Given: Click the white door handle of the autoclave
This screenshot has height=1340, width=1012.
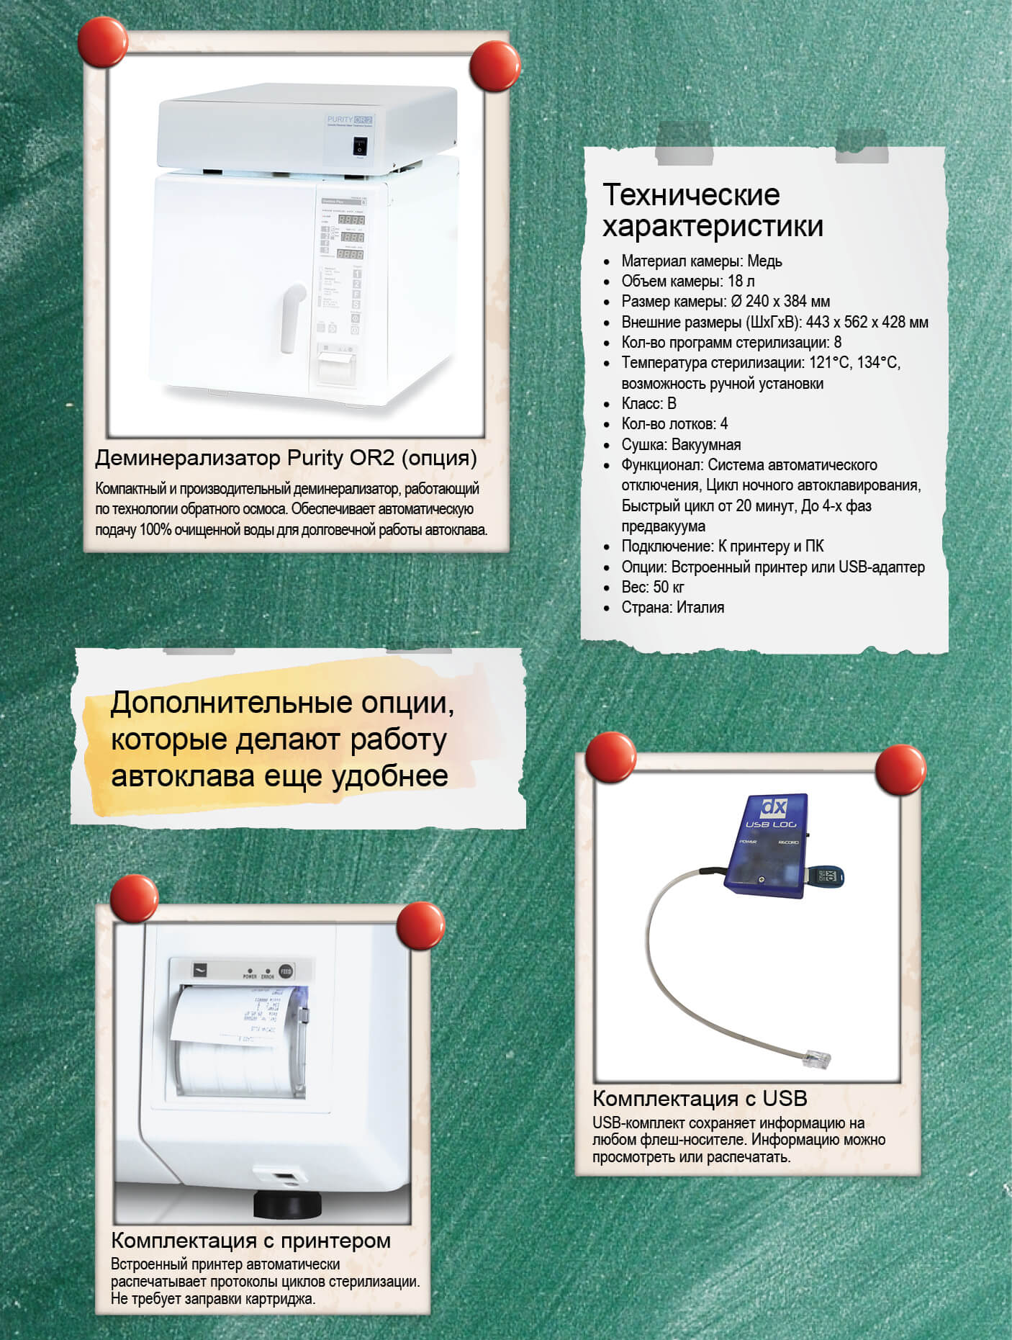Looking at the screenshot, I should pyautogui.click(x=292, y=317).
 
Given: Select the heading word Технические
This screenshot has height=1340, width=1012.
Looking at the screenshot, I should pyautogui.click(x=690, y=194).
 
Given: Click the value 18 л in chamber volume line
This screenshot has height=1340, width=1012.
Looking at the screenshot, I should pyautogui.click(x=741, y=282).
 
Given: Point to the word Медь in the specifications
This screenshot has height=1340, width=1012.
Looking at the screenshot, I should pyautogui.click(x=764, y=261).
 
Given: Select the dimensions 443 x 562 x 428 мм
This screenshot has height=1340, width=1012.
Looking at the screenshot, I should pyautogui.click(x=867, y=323).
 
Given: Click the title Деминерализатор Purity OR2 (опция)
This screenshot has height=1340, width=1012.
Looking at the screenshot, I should pyautogui.click(x=286, y=458).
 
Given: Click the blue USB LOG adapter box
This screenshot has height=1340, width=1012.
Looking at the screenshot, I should pyautogui.click(x=767, y=846).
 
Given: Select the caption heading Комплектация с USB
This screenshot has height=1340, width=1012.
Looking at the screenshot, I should pyautogui.click(x=699, y=1099).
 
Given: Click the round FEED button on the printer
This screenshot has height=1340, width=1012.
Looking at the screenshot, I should pyautogui.click(x=286, y=970).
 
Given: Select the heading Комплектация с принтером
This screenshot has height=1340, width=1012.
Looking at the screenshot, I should pyautogui.click(x=250, y=1241).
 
